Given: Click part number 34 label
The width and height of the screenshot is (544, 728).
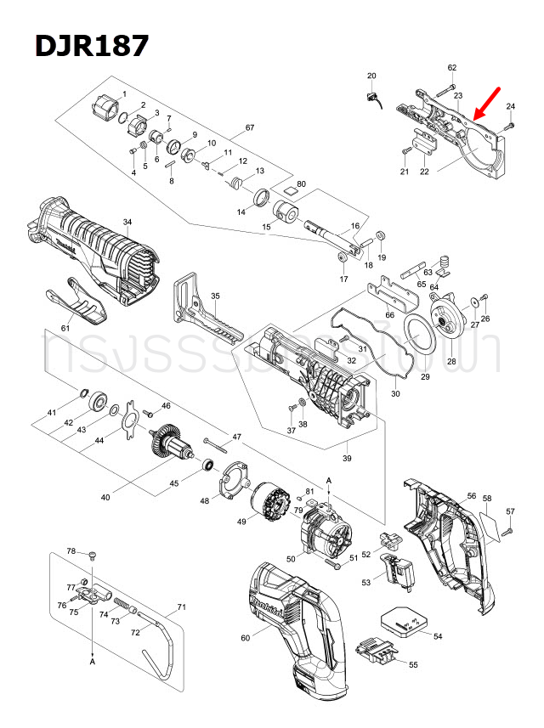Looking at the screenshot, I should click(127, 223).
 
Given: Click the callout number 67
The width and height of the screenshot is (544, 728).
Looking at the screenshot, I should click(249, 128).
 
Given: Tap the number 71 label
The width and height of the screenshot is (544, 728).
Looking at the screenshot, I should click(180, 607).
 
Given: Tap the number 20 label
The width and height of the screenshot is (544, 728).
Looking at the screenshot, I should click(371, 76).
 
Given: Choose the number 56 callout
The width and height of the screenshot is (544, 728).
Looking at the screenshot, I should click(472, 495).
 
